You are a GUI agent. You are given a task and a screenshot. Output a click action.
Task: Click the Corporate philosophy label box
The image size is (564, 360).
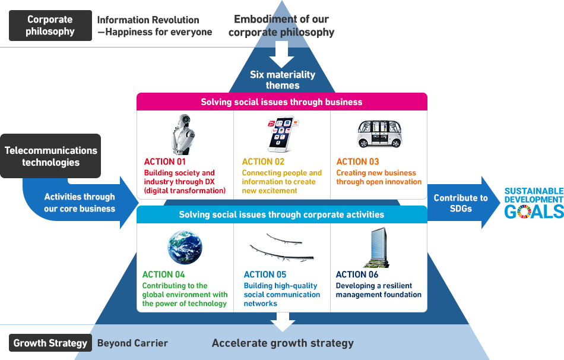pos(50,26)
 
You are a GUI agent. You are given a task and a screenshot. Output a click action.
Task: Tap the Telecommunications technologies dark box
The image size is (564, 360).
pos(51,156)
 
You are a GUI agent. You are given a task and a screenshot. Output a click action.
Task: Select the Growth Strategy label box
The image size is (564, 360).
pos(50,343)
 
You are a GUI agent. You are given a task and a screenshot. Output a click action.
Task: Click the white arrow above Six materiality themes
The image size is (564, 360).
pos(282,58)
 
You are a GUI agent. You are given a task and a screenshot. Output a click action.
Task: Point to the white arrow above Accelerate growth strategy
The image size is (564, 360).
pos(283,321)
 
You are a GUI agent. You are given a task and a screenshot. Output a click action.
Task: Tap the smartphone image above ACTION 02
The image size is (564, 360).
pos(281,134)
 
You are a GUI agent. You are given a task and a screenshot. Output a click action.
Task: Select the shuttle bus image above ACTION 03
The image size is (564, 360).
pos(379,134)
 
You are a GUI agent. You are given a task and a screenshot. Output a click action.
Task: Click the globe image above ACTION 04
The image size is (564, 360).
pos(185,247)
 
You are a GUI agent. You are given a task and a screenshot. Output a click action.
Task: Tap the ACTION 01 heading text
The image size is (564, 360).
pos(165,162)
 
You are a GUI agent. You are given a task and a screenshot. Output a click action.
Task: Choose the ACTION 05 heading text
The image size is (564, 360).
pos(265,274)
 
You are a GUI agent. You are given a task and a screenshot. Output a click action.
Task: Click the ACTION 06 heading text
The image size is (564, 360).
pos(357,274)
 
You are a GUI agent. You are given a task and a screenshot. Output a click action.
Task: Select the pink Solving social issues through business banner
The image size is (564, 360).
pos(281,102)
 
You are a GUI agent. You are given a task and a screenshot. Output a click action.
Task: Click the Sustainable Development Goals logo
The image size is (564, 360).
pos(534,203)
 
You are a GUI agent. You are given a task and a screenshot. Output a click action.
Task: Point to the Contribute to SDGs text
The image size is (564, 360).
pos(461,203)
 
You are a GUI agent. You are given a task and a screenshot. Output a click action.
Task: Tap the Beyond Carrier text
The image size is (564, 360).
pos(132,343)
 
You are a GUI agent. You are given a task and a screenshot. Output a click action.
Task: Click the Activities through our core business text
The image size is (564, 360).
pos(80,203)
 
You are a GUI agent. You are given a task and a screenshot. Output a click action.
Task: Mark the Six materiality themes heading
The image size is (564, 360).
pos(283,80)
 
